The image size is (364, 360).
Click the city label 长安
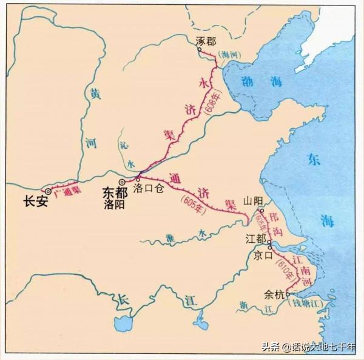point(35,202)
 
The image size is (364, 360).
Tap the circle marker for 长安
point(48,191)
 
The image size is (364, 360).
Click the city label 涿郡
point(206,41)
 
